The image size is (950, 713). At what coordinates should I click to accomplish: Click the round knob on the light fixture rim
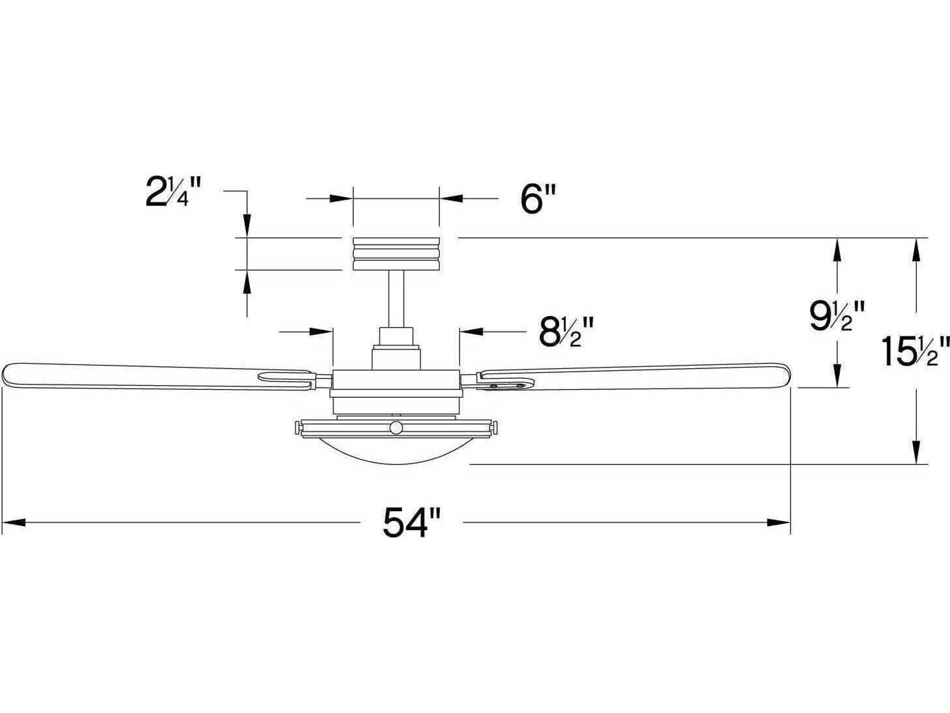pos(396,428)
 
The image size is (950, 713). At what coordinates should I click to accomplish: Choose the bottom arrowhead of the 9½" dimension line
pos(837,378)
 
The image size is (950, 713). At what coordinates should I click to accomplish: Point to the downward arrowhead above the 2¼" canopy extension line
pos(247,226)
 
